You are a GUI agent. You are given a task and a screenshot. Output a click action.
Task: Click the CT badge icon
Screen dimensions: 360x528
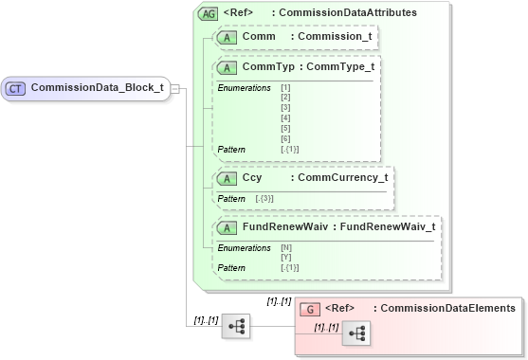tap(15, 88)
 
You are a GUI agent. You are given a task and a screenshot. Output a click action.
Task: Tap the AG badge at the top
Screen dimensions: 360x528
tap(207, 13)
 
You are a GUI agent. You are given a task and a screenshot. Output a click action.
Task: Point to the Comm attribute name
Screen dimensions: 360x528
tap(259, 37)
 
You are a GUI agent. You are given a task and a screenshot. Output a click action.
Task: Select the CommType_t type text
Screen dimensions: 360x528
tap(338, 68)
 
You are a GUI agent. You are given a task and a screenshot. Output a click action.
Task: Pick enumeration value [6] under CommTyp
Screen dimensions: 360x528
tap(285, 139)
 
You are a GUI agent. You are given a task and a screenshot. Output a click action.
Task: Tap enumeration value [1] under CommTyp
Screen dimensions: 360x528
tap(285, 88)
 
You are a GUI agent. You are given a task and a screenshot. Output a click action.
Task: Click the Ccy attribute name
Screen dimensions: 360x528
tap(252, 177)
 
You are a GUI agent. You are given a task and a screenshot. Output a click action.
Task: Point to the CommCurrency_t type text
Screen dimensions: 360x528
tap(341, 177)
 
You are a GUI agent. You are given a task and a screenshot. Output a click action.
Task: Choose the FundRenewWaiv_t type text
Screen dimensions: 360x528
tap(391, 227)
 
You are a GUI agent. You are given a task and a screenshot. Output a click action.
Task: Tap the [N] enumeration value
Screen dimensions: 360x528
tap(286, 248)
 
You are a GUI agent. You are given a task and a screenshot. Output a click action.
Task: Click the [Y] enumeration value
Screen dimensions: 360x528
tap(286, 258)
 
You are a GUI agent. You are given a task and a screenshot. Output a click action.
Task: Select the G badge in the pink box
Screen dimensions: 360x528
tap(311, 309)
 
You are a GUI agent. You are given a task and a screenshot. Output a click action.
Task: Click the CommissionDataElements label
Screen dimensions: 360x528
tap(445, 308)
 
